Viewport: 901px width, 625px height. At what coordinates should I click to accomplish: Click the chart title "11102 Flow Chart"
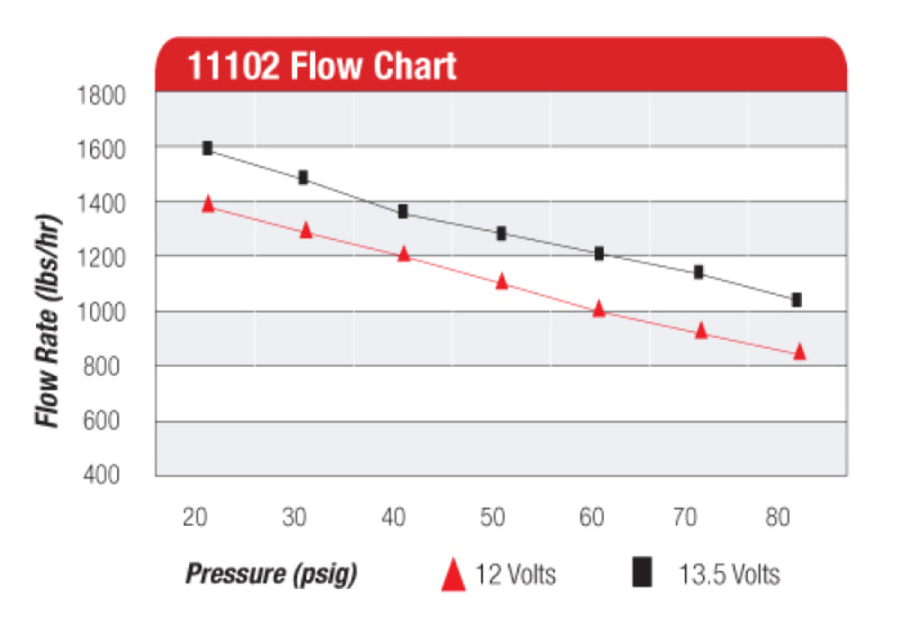(322, 67)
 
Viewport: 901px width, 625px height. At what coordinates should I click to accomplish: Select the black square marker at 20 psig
(207, 148)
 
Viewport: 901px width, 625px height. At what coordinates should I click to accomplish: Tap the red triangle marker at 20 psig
(208, 204)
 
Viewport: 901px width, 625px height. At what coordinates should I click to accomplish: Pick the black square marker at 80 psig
(796, 299)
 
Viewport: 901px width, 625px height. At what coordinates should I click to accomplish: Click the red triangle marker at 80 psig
(799, 352)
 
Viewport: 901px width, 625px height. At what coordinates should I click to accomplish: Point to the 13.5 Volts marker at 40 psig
(403, 211)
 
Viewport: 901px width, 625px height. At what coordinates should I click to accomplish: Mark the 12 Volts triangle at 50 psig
(502, 281)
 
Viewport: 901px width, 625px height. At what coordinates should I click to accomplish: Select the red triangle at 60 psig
(599, 309)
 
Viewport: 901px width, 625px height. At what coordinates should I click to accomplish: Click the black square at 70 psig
(698, 271)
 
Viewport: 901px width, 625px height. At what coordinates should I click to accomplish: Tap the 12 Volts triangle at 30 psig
(305, 231)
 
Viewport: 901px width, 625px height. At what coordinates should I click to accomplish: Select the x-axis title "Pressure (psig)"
(270, 574)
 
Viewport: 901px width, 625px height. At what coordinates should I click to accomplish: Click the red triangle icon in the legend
(453, 574)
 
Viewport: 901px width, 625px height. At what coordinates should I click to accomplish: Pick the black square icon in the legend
(642, 573)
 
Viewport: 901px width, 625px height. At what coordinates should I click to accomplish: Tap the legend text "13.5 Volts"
(729, 574)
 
